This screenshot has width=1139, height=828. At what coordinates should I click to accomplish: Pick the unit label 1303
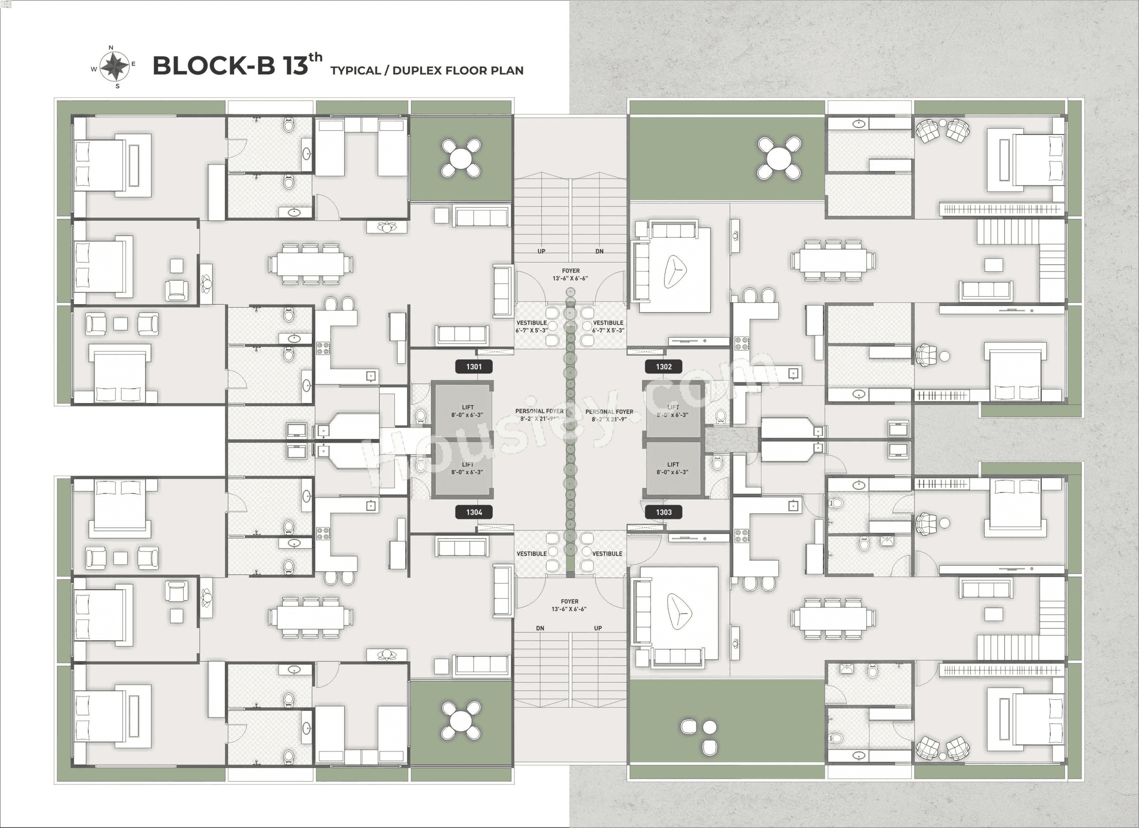pos(663,512)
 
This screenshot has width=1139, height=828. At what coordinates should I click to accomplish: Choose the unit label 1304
pos(474,512)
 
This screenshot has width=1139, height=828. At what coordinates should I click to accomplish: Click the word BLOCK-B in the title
pos(213,66)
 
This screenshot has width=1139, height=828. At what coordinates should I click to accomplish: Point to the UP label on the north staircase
pos(541,251)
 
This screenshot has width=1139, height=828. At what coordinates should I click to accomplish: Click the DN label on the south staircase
pos(540,628)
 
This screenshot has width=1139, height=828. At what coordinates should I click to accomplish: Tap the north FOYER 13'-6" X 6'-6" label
pos(570,274)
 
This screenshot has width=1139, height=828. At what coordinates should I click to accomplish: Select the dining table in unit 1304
pos(310,617)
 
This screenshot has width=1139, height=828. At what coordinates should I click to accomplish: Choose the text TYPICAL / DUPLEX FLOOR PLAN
pos(426,71)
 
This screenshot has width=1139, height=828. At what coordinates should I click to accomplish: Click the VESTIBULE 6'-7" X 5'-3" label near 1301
pos(532,326)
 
